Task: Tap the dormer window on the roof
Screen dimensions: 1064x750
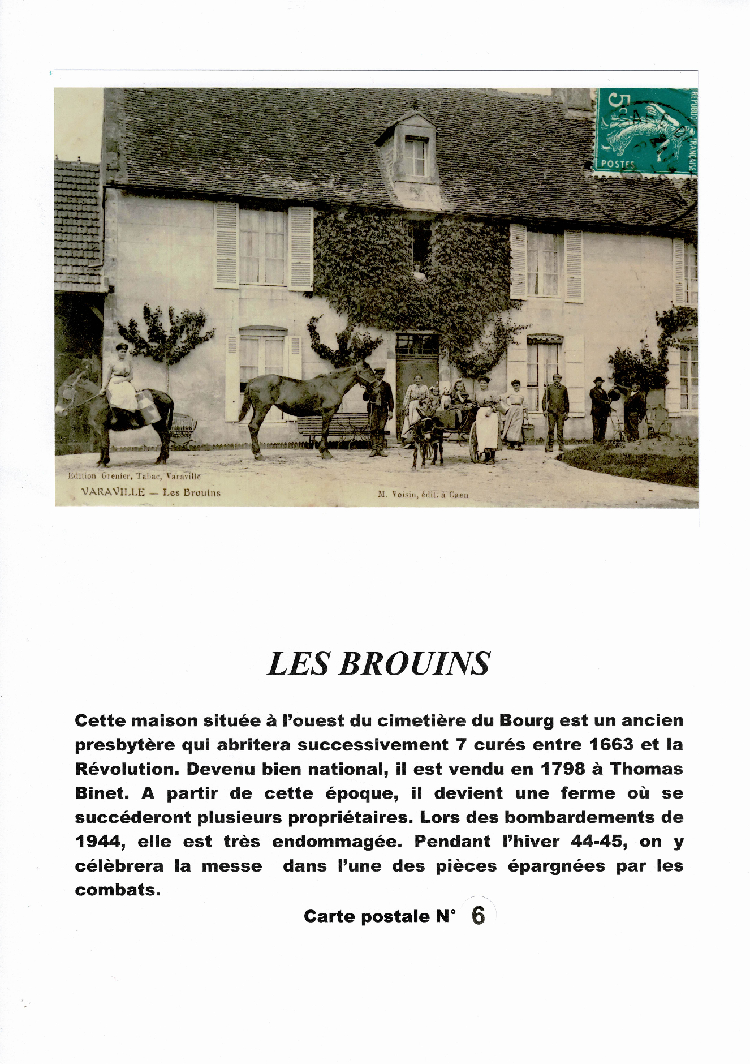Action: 415,156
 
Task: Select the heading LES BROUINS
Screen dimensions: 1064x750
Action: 378,664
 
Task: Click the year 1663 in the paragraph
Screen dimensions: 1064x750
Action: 611,744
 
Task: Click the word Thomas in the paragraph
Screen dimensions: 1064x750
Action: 646,769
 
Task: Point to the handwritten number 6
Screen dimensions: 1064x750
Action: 478,915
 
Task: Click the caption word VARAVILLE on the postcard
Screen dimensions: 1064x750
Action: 113,492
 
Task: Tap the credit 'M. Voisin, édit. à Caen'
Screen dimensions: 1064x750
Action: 423,495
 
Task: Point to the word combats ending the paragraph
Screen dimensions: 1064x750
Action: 117,890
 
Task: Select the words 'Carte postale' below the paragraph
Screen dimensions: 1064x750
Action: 367,916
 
